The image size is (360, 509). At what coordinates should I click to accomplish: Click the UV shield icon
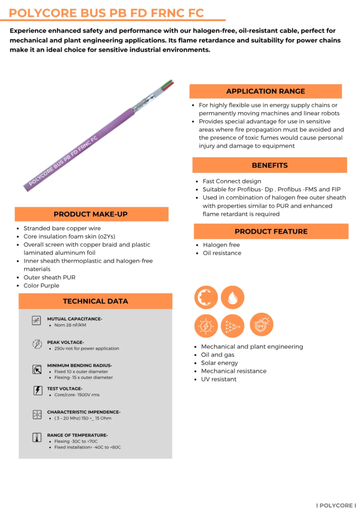click(262, 325)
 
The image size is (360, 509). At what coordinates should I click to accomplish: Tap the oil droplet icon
click(233, 298)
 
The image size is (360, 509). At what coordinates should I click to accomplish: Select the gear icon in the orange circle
click(206, 298)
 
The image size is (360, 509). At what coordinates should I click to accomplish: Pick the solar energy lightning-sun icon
click(206, 326)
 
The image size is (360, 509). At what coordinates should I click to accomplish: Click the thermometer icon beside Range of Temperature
click(37, 437)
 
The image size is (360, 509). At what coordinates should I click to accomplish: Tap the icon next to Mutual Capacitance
click(36, 321)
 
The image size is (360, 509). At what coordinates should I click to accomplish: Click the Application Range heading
click(266, 91)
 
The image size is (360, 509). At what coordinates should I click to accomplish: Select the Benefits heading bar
click(270, 165)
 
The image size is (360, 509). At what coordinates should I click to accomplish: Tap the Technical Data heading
click(95, 301)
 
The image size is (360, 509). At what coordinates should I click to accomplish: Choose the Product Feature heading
click(271, 231)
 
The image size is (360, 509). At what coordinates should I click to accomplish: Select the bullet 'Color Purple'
click(41, 286)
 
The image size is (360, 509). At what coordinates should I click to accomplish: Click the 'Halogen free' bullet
click(221, 245)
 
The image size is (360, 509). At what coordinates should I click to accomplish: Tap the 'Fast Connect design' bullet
click(232, 181)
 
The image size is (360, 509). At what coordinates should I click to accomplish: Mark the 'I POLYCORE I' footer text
click(336, 505)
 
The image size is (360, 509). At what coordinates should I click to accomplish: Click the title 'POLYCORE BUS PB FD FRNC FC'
click(106, 13)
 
